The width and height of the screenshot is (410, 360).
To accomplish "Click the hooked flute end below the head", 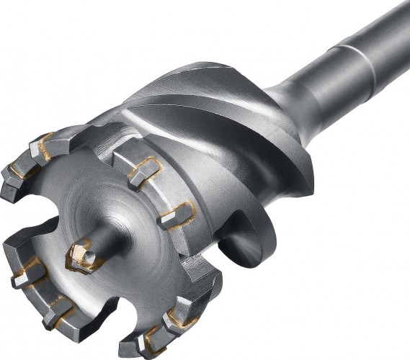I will (238, 245).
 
